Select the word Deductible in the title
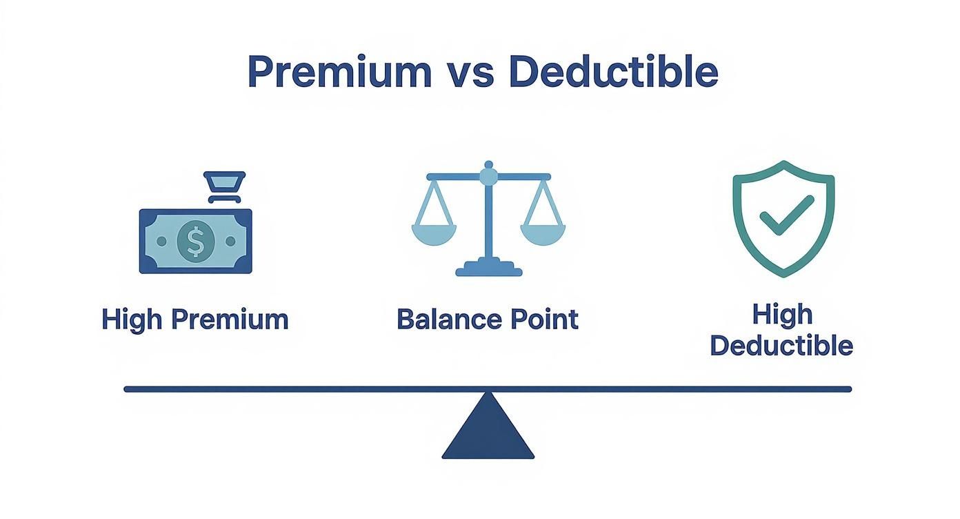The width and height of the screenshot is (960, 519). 613,72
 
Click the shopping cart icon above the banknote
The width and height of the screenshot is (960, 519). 224,186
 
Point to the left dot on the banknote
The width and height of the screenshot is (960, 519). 161,242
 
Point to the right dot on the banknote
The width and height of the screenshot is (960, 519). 230,242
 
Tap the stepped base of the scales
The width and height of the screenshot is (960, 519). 488,267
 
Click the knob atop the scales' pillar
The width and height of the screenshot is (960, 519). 488,175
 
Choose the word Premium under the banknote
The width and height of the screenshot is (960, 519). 230,320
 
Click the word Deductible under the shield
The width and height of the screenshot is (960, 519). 781,345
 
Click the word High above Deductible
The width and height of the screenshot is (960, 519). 782,315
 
